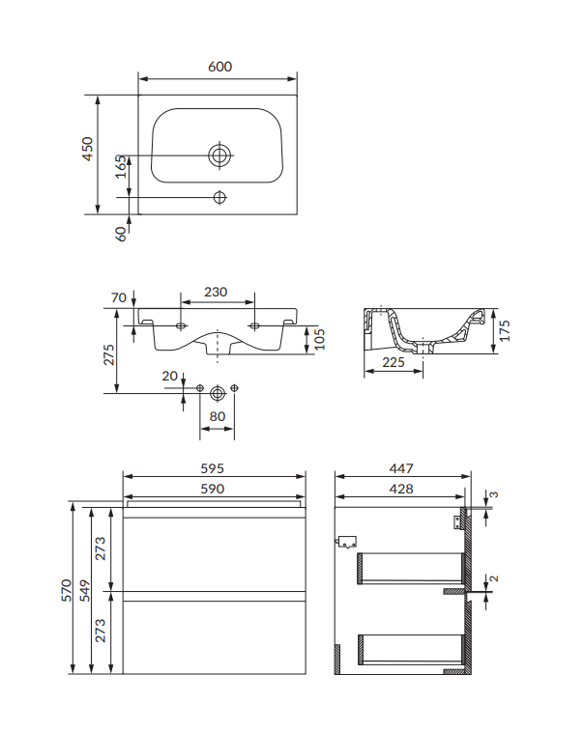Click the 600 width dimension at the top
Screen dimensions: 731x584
(219, 67)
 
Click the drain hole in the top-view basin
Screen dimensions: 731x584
(219, 155)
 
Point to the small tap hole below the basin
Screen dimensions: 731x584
(219, 197)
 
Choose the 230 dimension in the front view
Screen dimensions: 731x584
(215, 292)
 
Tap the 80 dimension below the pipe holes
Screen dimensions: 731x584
(218, 417)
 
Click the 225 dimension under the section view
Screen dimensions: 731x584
(393, 363)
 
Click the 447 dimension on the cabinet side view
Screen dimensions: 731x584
(401, 466)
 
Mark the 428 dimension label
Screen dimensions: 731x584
(401, 489)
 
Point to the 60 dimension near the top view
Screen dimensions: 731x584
(121, 233)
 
